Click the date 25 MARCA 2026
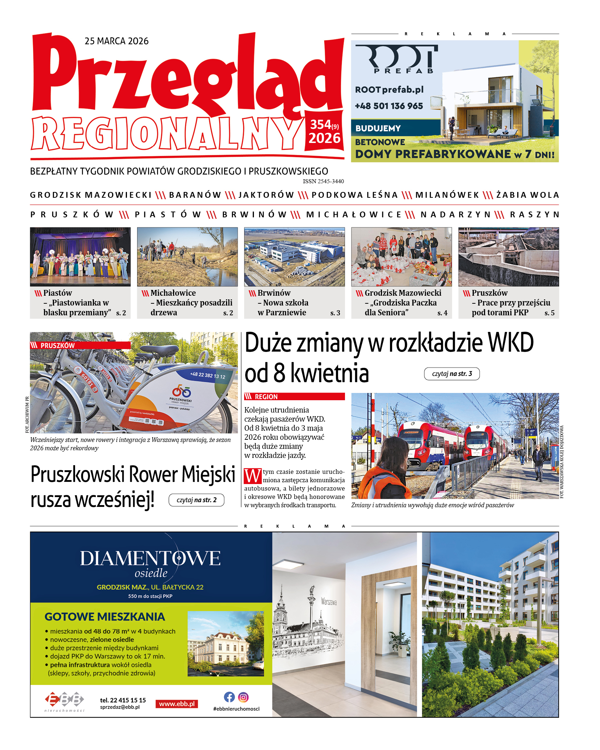point(116,41)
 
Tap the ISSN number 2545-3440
point(323,181)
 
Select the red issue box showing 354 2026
point(324,131)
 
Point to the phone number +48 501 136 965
point(389,106)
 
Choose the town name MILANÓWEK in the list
point(447,195)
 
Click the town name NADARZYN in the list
point(455,214)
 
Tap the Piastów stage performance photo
point(80,257)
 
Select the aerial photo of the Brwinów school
point(294,257)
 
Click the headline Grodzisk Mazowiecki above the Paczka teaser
point(403,293)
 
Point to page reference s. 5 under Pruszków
point(549,313)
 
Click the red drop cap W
point(252,476)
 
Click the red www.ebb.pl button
point(177,704)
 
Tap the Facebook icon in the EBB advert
point(229,697)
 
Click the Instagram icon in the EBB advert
point(243,697)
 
